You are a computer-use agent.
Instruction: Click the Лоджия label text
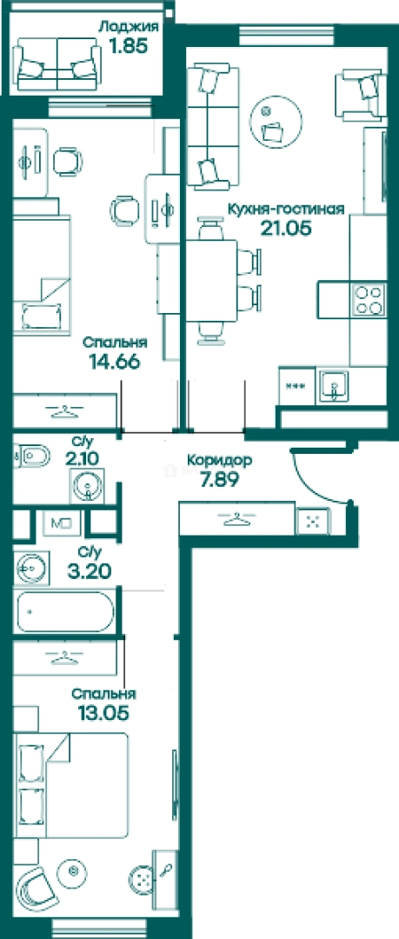(129, 27)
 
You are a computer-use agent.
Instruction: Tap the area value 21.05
(286, 228)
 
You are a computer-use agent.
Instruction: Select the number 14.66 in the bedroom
(114, 363)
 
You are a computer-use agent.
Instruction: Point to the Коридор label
(219, 461)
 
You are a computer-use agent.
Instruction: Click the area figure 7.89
(219, 479)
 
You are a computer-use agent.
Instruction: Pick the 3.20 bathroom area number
(89, 571)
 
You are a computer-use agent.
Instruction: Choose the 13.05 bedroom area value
(103, 713)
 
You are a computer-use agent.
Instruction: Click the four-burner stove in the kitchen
(368, 300)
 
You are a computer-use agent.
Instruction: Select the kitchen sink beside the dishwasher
(333, 386)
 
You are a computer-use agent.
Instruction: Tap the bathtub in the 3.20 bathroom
(65, 611)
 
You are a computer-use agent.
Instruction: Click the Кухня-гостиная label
(285, 209)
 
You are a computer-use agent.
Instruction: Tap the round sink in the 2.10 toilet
(88, 483)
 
